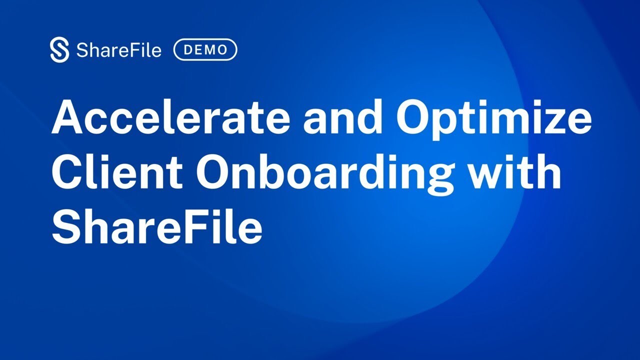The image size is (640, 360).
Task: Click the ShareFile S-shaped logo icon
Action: [x=59, y=50]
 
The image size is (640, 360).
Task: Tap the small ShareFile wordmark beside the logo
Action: [x=119, y=50]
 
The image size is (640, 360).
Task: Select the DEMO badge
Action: [x=205, y=50]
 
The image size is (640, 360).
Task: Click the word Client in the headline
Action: [x=118, y=172]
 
